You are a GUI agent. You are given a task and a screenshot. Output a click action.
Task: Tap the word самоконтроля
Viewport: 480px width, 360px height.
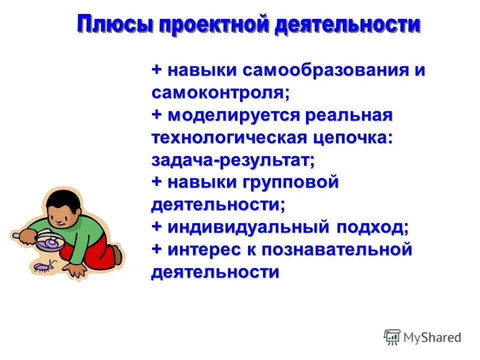[x=220, y=93]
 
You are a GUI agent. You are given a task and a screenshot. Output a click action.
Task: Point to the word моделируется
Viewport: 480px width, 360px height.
[x=233, y=115]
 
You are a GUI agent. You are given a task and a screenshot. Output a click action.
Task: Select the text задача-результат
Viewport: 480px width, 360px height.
[x=233, y=160]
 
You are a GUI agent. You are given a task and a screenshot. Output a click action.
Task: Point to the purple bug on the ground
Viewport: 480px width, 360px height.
[x=42, y=267]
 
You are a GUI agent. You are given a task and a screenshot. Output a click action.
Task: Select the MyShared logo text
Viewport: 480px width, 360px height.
[x=432, y=337]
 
